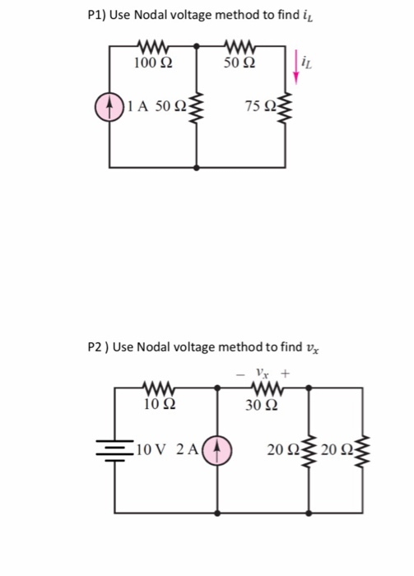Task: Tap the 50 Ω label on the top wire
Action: (x=240, y=63)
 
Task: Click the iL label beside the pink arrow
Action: (x=306, y=58)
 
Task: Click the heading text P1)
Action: (x=97, y=15)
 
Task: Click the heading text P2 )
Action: (x=98, y=346)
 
